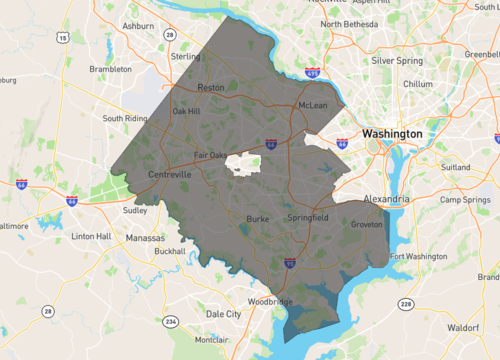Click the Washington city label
393,133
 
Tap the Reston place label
211,87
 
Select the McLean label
312,104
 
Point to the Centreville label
170,174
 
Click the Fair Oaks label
210,155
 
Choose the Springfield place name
305,216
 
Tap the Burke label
258,216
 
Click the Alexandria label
385,199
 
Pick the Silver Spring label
397,60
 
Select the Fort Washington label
418,257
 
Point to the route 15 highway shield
62,38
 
